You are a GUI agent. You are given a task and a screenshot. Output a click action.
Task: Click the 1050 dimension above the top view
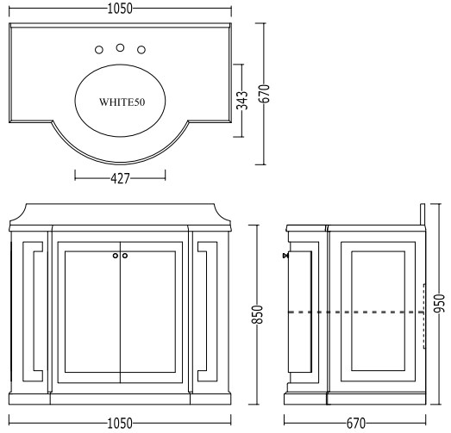(120, 9)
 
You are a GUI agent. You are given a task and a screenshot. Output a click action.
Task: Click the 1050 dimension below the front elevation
(120, 424)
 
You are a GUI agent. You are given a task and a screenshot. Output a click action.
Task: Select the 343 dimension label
(242, 100)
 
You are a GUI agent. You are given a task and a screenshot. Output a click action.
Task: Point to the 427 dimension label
(120, 178)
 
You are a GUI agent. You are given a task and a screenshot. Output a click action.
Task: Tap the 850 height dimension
(257, 314)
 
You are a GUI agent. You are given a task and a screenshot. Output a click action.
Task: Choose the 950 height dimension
(439, 303)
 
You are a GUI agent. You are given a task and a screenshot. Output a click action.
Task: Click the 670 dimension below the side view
(356, 424)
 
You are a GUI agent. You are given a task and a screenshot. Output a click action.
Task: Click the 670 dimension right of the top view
(264, 93)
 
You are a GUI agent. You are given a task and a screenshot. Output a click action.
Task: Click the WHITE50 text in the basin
(122, 102)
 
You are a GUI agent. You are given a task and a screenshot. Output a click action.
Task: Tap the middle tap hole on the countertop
(120, 47)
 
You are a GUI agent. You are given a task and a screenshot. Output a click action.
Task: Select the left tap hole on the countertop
(99, 50)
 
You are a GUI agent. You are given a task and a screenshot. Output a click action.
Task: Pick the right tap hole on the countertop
(141, 50)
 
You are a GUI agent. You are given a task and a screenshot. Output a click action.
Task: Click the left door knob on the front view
(116, 256)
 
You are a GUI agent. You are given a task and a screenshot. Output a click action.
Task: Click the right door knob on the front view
(125, 256)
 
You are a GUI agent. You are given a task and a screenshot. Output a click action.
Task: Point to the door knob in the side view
(285, 256)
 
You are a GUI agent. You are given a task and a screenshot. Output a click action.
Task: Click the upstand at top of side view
(423, 214)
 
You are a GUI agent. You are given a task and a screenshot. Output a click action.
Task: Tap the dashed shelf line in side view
(354, 312)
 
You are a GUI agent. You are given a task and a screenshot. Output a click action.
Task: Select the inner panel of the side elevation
(379, 311)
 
